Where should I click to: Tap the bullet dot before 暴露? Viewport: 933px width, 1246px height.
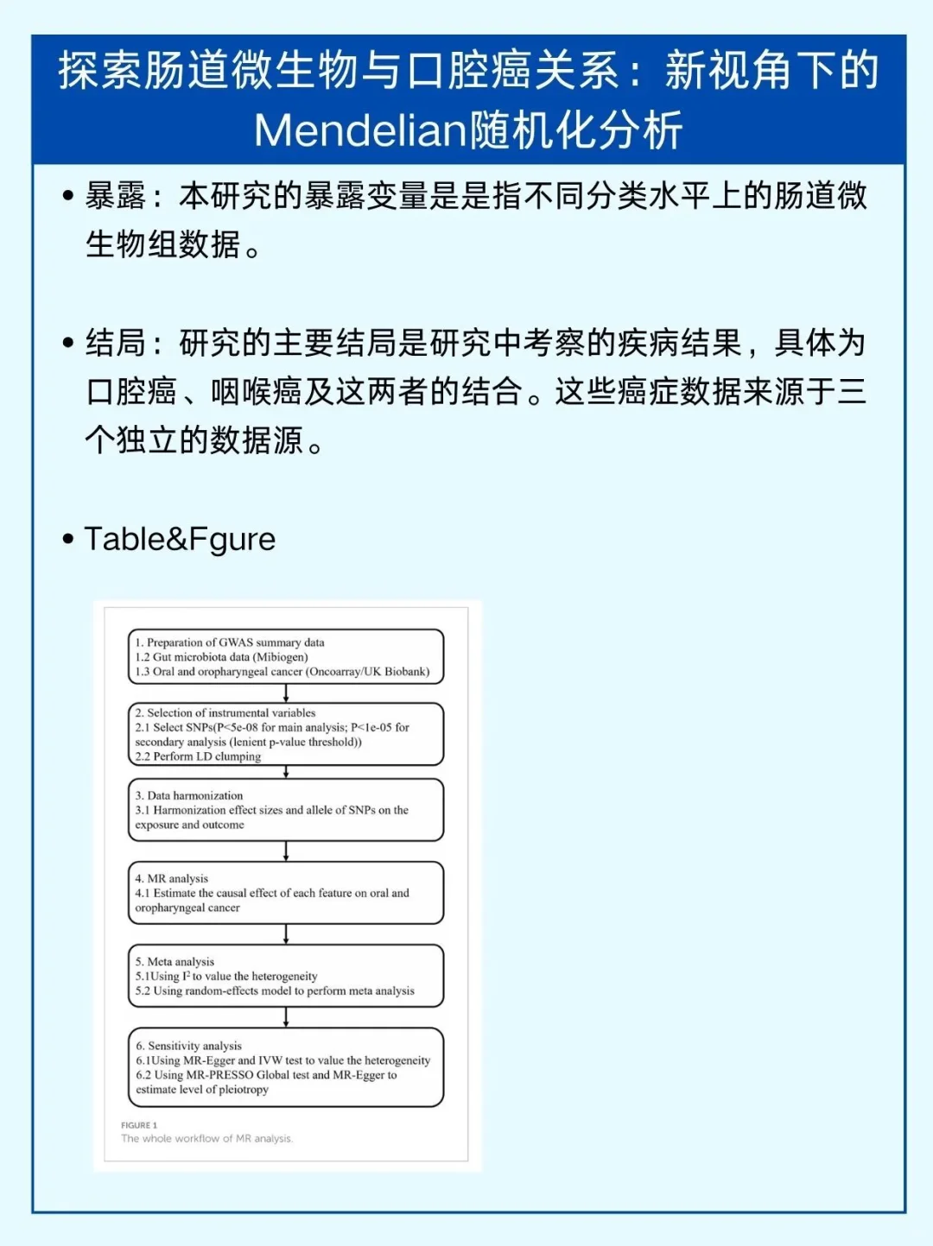(68, 196)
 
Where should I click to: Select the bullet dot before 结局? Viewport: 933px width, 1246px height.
(68, 343)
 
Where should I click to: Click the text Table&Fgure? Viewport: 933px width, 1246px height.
(180, 539)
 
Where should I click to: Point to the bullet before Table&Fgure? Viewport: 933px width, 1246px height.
(68, 540)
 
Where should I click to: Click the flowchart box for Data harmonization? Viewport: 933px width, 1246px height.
(286, 810)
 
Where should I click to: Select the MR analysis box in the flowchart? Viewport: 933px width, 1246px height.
(286, 893)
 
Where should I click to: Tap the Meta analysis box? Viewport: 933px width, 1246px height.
(286, 976)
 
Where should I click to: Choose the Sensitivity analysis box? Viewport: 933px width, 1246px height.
(286, 1067)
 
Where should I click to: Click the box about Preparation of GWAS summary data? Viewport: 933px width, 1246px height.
(286, 657)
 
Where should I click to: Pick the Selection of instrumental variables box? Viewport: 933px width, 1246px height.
(286, 734)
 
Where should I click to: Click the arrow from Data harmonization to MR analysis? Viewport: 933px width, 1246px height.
(286, 851)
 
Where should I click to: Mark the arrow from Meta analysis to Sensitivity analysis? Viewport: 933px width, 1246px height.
(286, 1017)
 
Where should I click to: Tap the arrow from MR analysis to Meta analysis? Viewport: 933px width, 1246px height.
(286, 934)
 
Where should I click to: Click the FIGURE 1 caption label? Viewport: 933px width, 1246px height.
(139, 1125)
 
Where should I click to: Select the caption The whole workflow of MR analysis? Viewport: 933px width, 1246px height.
(207, 1139)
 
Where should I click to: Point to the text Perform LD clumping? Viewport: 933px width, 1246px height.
(207, 756)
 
